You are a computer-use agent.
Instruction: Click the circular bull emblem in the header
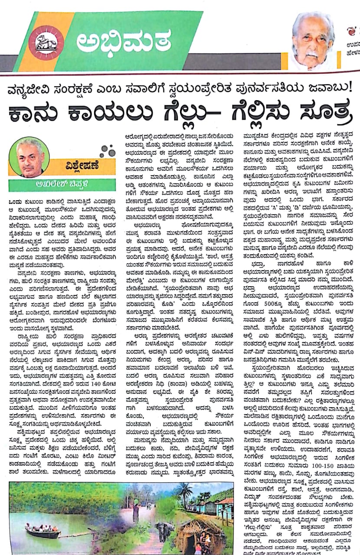point(46,42)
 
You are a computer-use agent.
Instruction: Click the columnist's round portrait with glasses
point(29,157)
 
